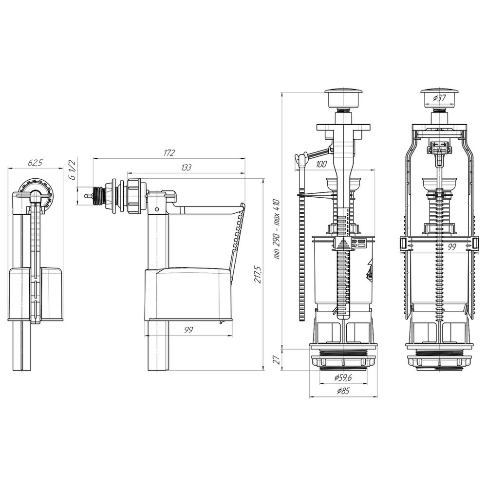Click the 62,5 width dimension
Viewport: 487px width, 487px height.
[x=36, y=163]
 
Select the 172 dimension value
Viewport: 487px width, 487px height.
[x=169, y=153]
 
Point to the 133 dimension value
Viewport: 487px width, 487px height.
[x=186, y=167]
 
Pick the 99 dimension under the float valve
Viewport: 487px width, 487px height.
[x=188, y=330]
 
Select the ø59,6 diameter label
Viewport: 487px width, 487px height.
[x=343, y=378]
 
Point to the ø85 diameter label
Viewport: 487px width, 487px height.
[x=343, y=391]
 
